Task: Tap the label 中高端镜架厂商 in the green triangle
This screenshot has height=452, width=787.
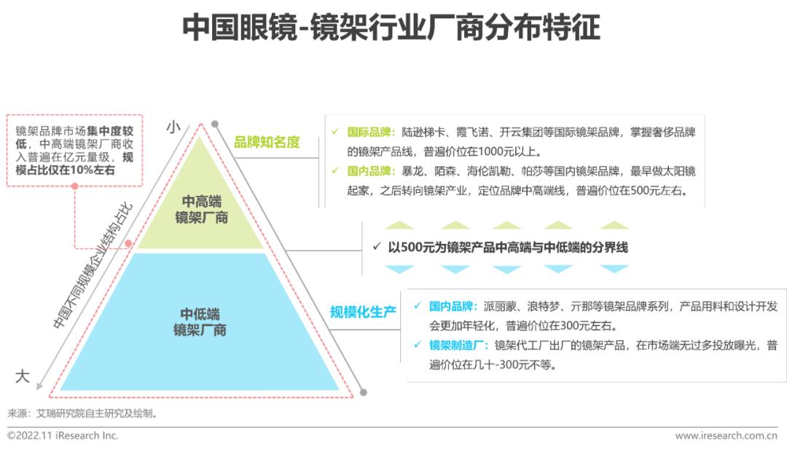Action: point(202,209)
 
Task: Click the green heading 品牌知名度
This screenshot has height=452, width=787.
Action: point(267,143)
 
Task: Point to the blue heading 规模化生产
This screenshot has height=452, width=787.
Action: point(363,312)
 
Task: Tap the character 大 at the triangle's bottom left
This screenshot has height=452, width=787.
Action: point(23,376)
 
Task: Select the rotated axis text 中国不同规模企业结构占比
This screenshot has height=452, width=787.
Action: point(93,266)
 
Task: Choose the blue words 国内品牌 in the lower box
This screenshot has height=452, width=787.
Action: point(453,306)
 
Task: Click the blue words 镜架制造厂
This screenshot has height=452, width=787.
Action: point(457,345)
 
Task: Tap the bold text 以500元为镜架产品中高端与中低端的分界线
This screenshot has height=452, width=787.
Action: point(507,247)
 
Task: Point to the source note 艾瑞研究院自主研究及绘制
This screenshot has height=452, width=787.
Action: point(95,413)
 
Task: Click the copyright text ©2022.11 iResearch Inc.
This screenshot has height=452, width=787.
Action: point(63,435)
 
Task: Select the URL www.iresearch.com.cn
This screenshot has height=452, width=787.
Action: point(726,435)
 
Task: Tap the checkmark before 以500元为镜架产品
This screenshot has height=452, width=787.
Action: point(376,247)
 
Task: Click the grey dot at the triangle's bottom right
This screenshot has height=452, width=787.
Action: point(363,392)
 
